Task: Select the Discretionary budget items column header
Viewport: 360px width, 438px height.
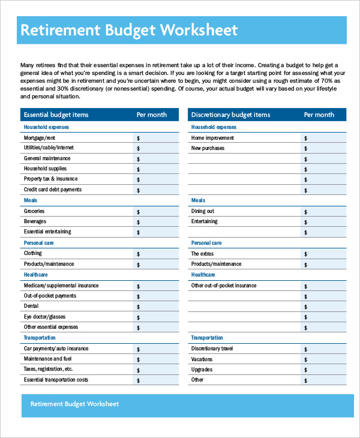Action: pyautogui.click(x=230, y=115)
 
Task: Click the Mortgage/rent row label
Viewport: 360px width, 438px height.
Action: pyautogui.click(x=40, y=138)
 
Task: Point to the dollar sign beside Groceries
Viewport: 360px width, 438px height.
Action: pyautogui.click(x=139, y=212)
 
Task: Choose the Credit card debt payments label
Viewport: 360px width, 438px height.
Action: pyautogui.click(x=53, y=190)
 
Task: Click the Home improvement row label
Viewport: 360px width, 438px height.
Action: pyautogui.click(x=212, y=138)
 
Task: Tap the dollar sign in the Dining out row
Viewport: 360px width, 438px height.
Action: pyautogui.click(x=306, y=212)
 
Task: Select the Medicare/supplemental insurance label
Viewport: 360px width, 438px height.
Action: pyautogui.click(x=61, y=286)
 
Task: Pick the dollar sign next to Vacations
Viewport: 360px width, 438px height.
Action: pyautogui.click(x=306, y=359)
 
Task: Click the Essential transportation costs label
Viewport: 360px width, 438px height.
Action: pyautogui.click(x=56, y=380)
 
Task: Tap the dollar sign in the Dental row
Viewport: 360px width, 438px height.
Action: pyautogui.click(x=139, y=307)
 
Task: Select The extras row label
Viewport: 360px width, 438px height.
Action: pyautogui.click(x=202, y=254)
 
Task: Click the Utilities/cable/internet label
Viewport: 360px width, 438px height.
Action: pyautogui.click(x=49, y=148)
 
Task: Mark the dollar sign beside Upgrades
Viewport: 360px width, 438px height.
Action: pyautogui.click(x=306, y=370)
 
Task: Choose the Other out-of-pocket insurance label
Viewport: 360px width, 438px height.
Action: pyautogui.click(x=223, y=286)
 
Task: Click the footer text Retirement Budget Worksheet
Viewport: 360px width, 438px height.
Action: pyautogui.click(x=74, y=404)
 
